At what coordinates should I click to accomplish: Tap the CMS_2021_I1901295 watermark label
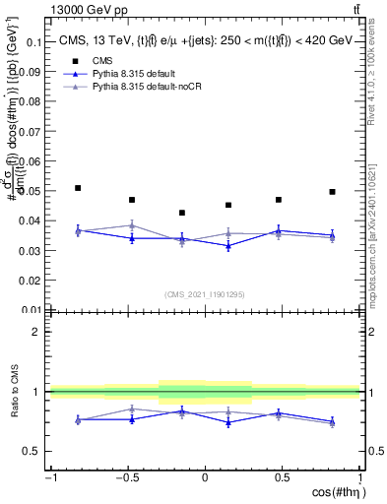coord(205,294)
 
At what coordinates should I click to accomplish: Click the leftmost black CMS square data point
coord(78,188)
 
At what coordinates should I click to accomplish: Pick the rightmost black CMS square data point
coord(332,192)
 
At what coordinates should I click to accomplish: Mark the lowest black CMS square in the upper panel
coord(182,213)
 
